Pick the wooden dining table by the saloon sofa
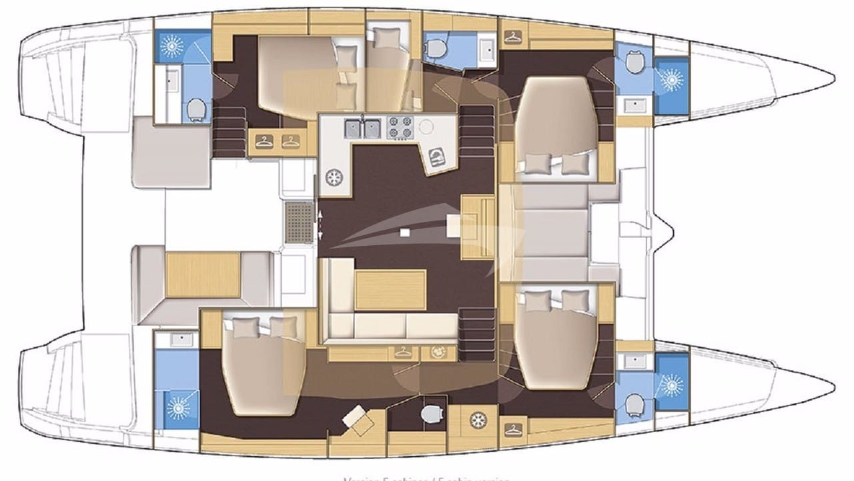(x=390, y=289)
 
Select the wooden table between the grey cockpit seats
(x=203, y=275)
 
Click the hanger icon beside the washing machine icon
(x=402, y=351)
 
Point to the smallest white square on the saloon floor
(x=405, y=232)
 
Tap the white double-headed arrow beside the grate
(x=322, y=224)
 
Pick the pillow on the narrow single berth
(x=385, y=39)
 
